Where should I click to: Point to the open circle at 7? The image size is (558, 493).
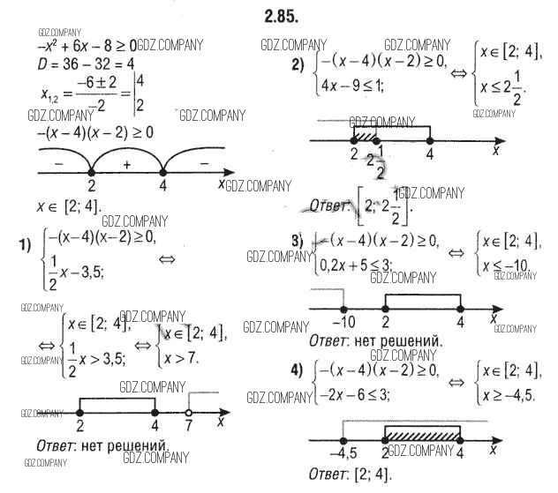coord(188,411)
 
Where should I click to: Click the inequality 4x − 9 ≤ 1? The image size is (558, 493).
coord(358,87)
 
